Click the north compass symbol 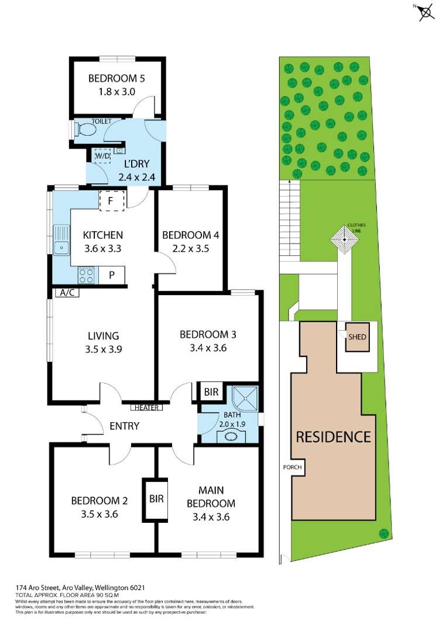tap(426, 12)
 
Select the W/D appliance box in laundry tap(102, 156)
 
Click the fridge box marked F tap(112, 201)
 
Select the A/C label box tap(65, 293)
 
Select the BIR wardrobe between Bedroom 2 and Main tap(156, 498)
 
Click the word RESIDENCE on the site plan tap(333, 437)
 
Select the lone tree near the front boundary tap(384, 533)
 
